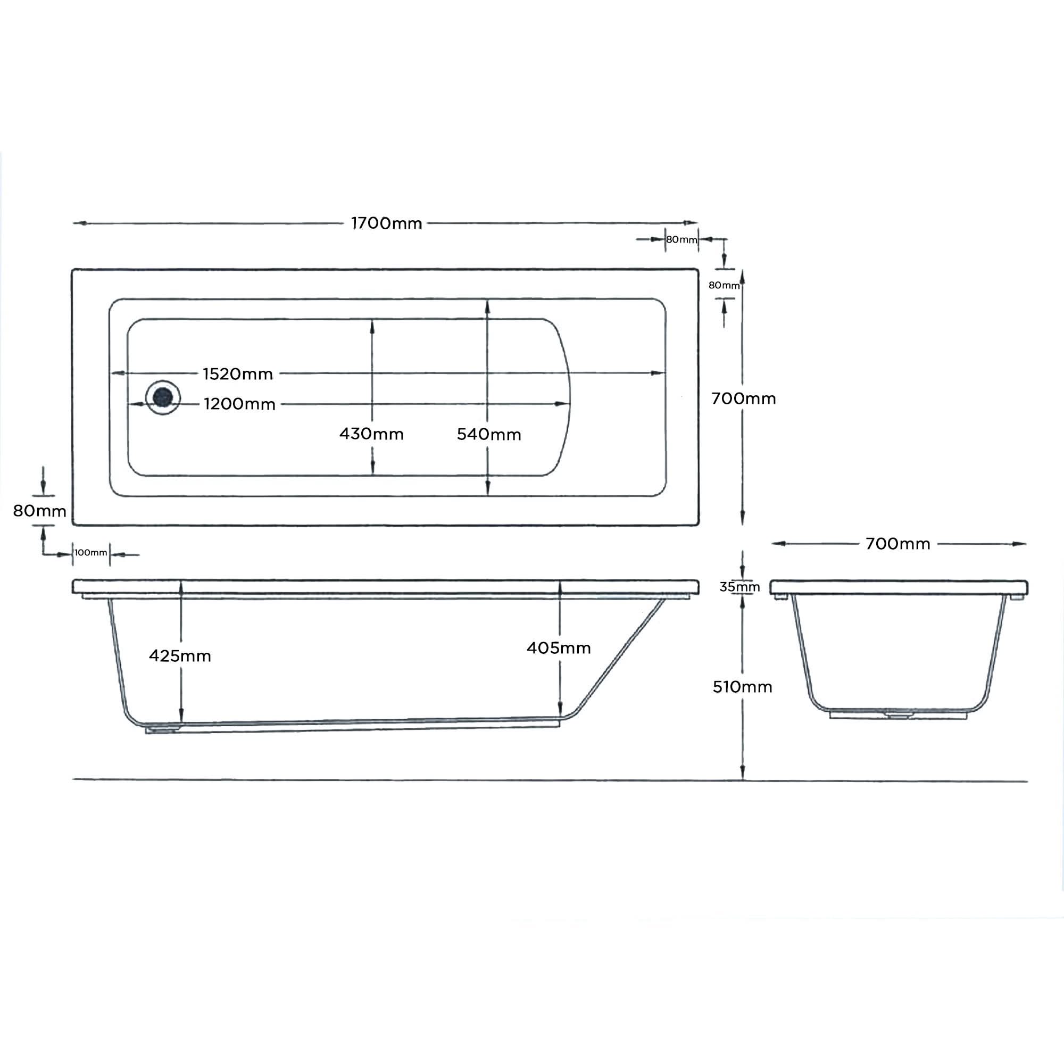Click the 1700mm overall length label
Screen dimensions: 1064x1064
[386, 223]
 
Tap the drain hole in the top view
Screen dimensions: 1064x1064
[162, 396]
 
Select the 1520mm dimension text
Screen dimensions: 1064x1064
[237, 374]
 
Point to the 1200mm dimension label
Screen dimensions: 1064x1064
[239, 404]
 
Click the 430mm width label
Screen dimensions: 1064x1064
[371, 434]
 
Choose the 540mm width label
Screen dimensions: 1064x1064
[488, 435]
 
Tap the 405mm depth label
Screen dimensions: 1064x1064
[559, 648]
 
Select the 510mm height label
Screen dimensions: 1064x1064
[742, 687]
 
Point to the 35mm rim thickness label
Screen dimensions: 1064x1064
[739, 587]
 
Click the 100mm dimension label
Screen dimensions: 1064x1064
[91, 552]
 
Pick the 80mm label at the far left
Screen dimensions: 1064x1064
[40, 511]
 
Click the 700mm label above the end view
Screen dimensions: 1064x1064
[897, 544]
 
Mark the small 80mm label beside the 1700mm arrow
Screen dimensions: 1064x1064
[681, 239]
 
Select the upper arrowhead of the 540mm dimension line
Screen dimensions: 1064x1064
[487, 306]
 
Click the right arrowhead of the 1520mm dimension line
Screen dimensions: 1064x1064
[658, 373]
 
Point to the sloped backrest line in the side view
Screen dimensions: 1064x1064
[622, 659]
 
